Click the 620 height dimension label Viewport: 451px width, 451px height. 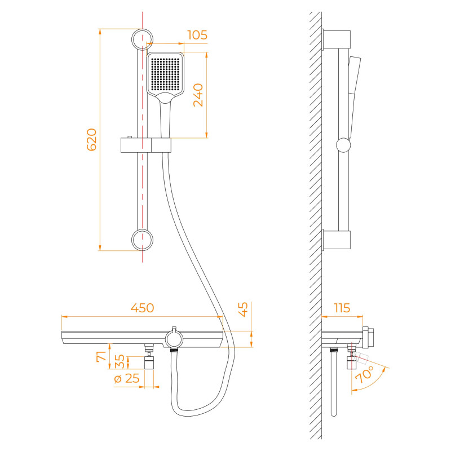(x=92, y=140)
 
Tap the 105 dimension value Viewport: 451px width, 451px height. (x=197, y=35)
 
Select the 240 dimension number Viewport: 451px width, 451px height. (x=198, y=95)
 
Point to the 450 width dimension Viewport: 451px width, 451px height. (x=143, y=308)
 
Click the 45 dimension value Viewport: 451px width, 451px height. (x=244, y=309)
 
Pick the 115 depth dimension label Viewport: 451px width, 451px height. (x=342, y=308)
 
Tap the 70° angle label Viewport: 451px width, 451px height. (x=365, y=374)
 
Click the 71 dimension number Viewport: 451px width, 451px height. (x=101, y=356)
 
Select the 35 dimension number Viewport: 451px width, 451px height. (x=120, y=361)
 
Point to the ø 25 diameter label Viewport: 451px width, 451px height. (x=126, y=378)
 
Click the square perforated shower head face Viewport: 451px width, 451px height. (x=165, y=74)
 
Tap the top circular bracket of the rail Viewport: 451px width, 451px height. (x=142, y=39)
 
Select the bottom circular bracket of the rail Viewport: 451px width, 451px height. (x=142, y=240)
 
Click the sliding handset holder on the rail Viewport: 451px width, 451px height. (x=146, y=145)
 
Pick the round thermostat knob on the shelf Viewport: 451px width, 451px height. (x=174, y=339)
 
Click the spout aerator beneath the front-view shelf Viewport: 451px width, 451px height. (x=149, y=362)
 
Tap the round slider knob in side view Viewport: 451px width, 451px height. (x=343, y=145)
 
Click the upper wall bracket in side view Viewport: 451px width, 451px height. (x=336, y=39)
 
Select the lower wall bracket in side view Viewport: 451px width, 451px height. (x=336, y=240)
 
